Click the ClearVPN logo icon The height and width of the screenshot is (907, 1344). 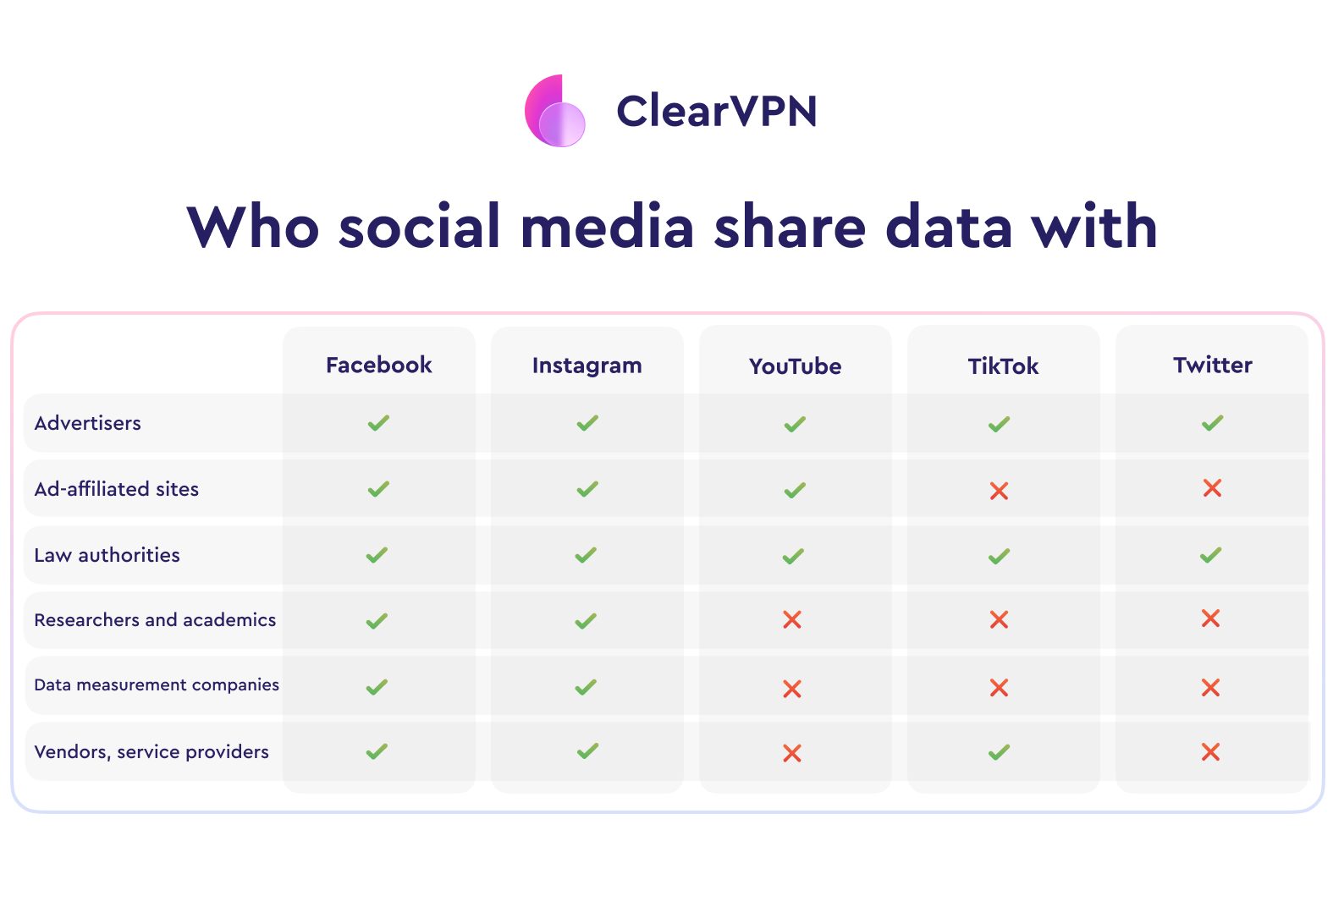(555, 111)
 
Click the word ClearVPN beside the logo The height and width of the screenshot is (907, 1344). (716, 112)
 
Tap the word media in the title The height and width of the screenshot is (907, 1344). (607, 227)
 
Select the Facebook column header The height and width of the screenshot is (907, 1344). (378, 365)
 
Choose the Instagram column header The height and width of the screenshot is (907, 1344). (587, 366)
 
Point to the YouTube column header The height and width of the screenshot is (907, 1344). (795, 366)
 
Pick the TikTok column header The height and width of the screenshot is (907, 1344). (1003, 366)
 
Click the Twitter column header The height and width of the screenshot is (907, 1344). (1213, 365)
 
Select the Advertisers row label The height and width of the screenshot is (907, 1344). (88, 423)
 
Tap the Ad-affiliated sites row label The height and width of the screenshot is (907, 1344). (117, 489)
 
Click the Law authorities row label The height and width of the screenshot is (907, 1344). (107, 555)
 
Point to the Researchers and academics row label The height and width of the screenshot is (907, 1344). (155, 619)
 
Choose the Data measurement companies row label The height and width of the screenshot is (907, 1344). (157, 684)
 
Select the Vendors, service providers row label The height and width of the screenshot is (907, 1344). (151, 751)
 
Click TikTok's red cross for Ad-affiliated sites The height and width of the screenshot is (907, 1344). (999, 491)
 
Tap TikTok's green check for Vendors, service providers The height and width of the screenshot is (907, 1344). (999, 751)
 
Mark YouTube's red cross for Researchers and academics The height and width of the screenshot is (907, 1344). (792, 619)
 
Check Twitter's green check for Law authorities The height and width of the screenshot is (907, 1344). (1211, 555)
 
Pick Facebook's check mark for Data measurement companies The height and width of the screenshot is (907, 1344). (377, 687)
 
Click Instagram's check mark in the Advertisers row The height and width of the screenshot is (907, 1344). (587, 423)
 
